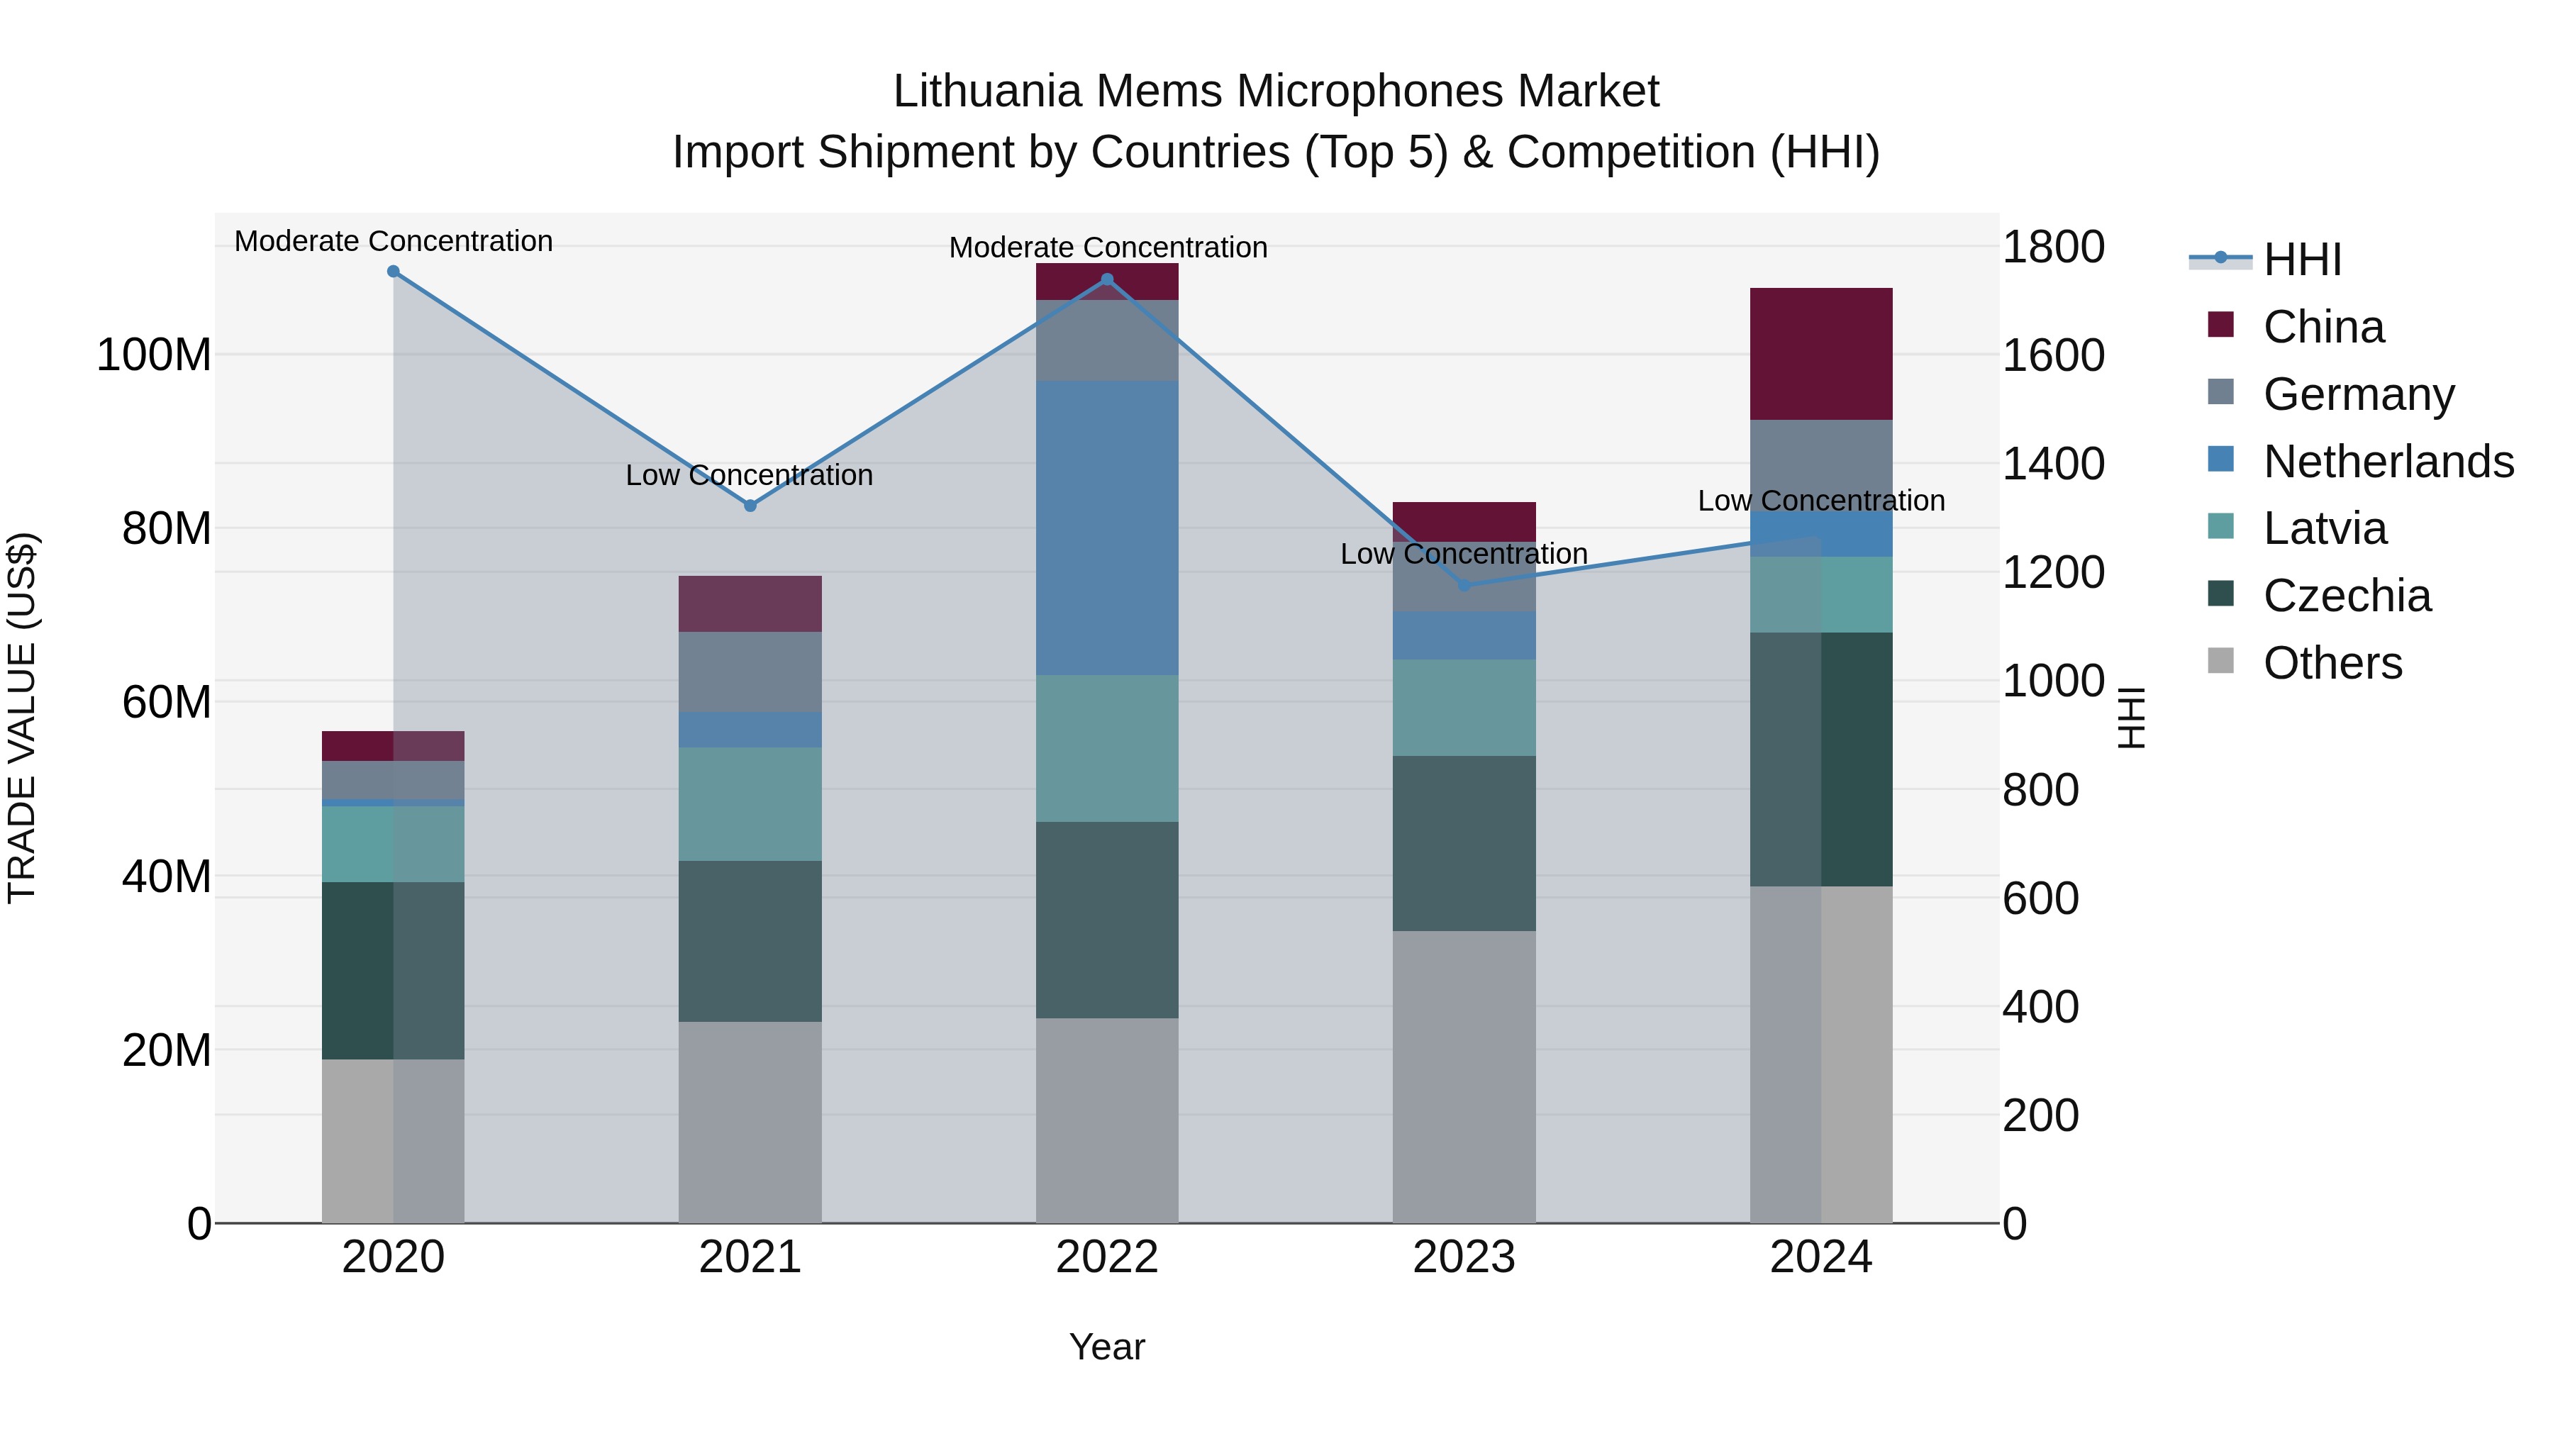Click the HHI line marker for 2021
point(750,506)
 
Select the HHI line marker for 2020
point(394,272)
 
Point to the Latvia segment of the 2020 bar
point(394,843)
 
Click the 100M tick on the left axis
point(154,355)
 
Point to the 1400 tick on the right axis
point(2054,464)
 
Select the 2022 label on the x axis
point(1107,1257)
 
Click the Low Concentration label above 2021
point(750,476)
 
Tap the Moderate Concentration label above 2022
point(1108,247)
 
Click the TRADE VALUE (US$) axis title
point(22,718)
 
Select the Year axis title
point(1107,1347)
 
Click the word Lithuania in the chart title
point(987,91)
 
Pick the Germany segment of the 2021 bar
point(750,672)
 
